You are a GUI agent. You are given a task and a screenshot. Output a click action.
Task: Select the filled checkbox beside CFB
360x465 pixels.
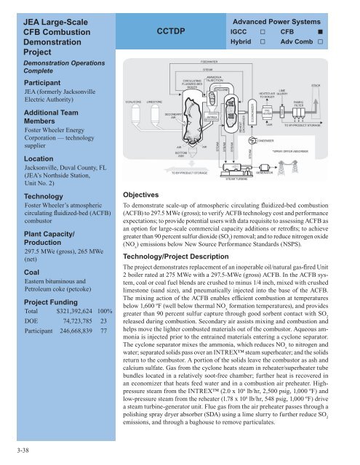click(340, 33)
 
